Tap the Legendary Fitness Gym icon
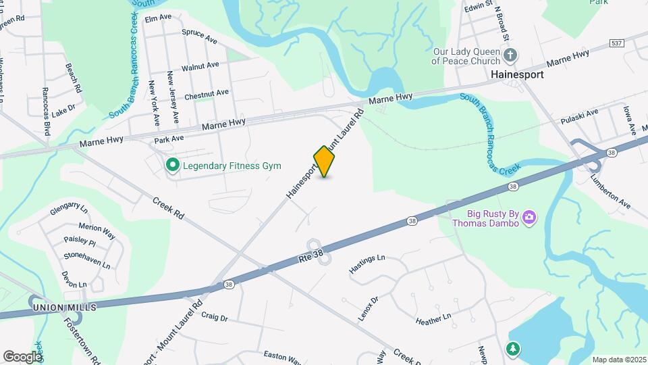172,165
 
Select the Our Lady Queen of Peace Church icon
511,54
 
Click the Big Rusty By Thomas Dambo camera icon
530,217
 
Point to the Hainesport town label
517,74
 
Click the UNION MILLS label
63,308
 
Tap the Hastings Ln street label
367,264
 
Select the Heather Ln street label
433,318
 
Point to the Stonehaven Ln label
87,261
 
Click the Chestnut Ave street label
207,94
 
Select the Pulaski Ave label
579,116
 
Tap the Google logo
22,356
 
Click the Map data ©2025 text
619,360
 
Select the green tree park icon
514,348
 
